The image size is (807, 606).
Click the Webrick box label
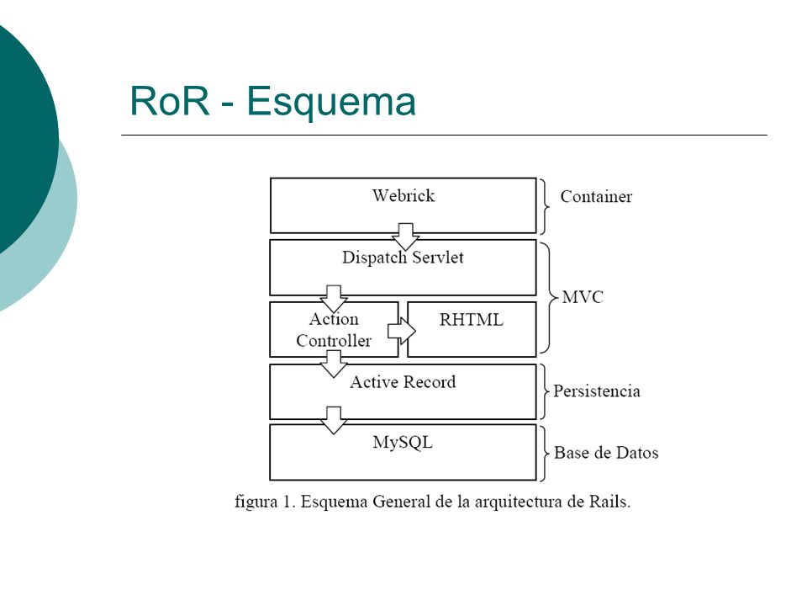pos(403,195)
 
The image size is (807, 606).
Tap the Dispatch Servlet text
pos(403,258)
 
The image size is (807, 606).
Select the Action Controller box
pos(334,329)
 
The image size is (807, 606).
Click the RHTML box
pos(472,329)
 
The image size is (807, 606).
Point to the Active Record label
pos(403,382)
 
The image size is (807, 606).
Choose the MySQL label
pos(403,443)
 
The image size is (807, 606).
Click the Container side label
pos(596,196)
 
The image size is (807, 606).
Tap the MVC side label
pos(583,297)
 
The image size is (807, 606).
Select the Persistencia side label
pos(597,391)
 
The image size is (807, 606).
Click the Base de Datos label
pos(606,453)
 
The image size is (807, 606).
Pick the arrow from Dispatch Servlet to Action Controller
pos(334,299)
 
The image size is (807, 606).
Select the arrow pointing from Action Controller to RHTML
pos(402,330)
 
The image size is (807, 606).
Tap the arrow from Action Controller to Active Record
pos(334,364)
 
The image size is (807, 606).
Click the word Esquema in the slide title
pos(331,102)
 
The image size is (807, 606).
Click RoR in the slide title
pos(170,100)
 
